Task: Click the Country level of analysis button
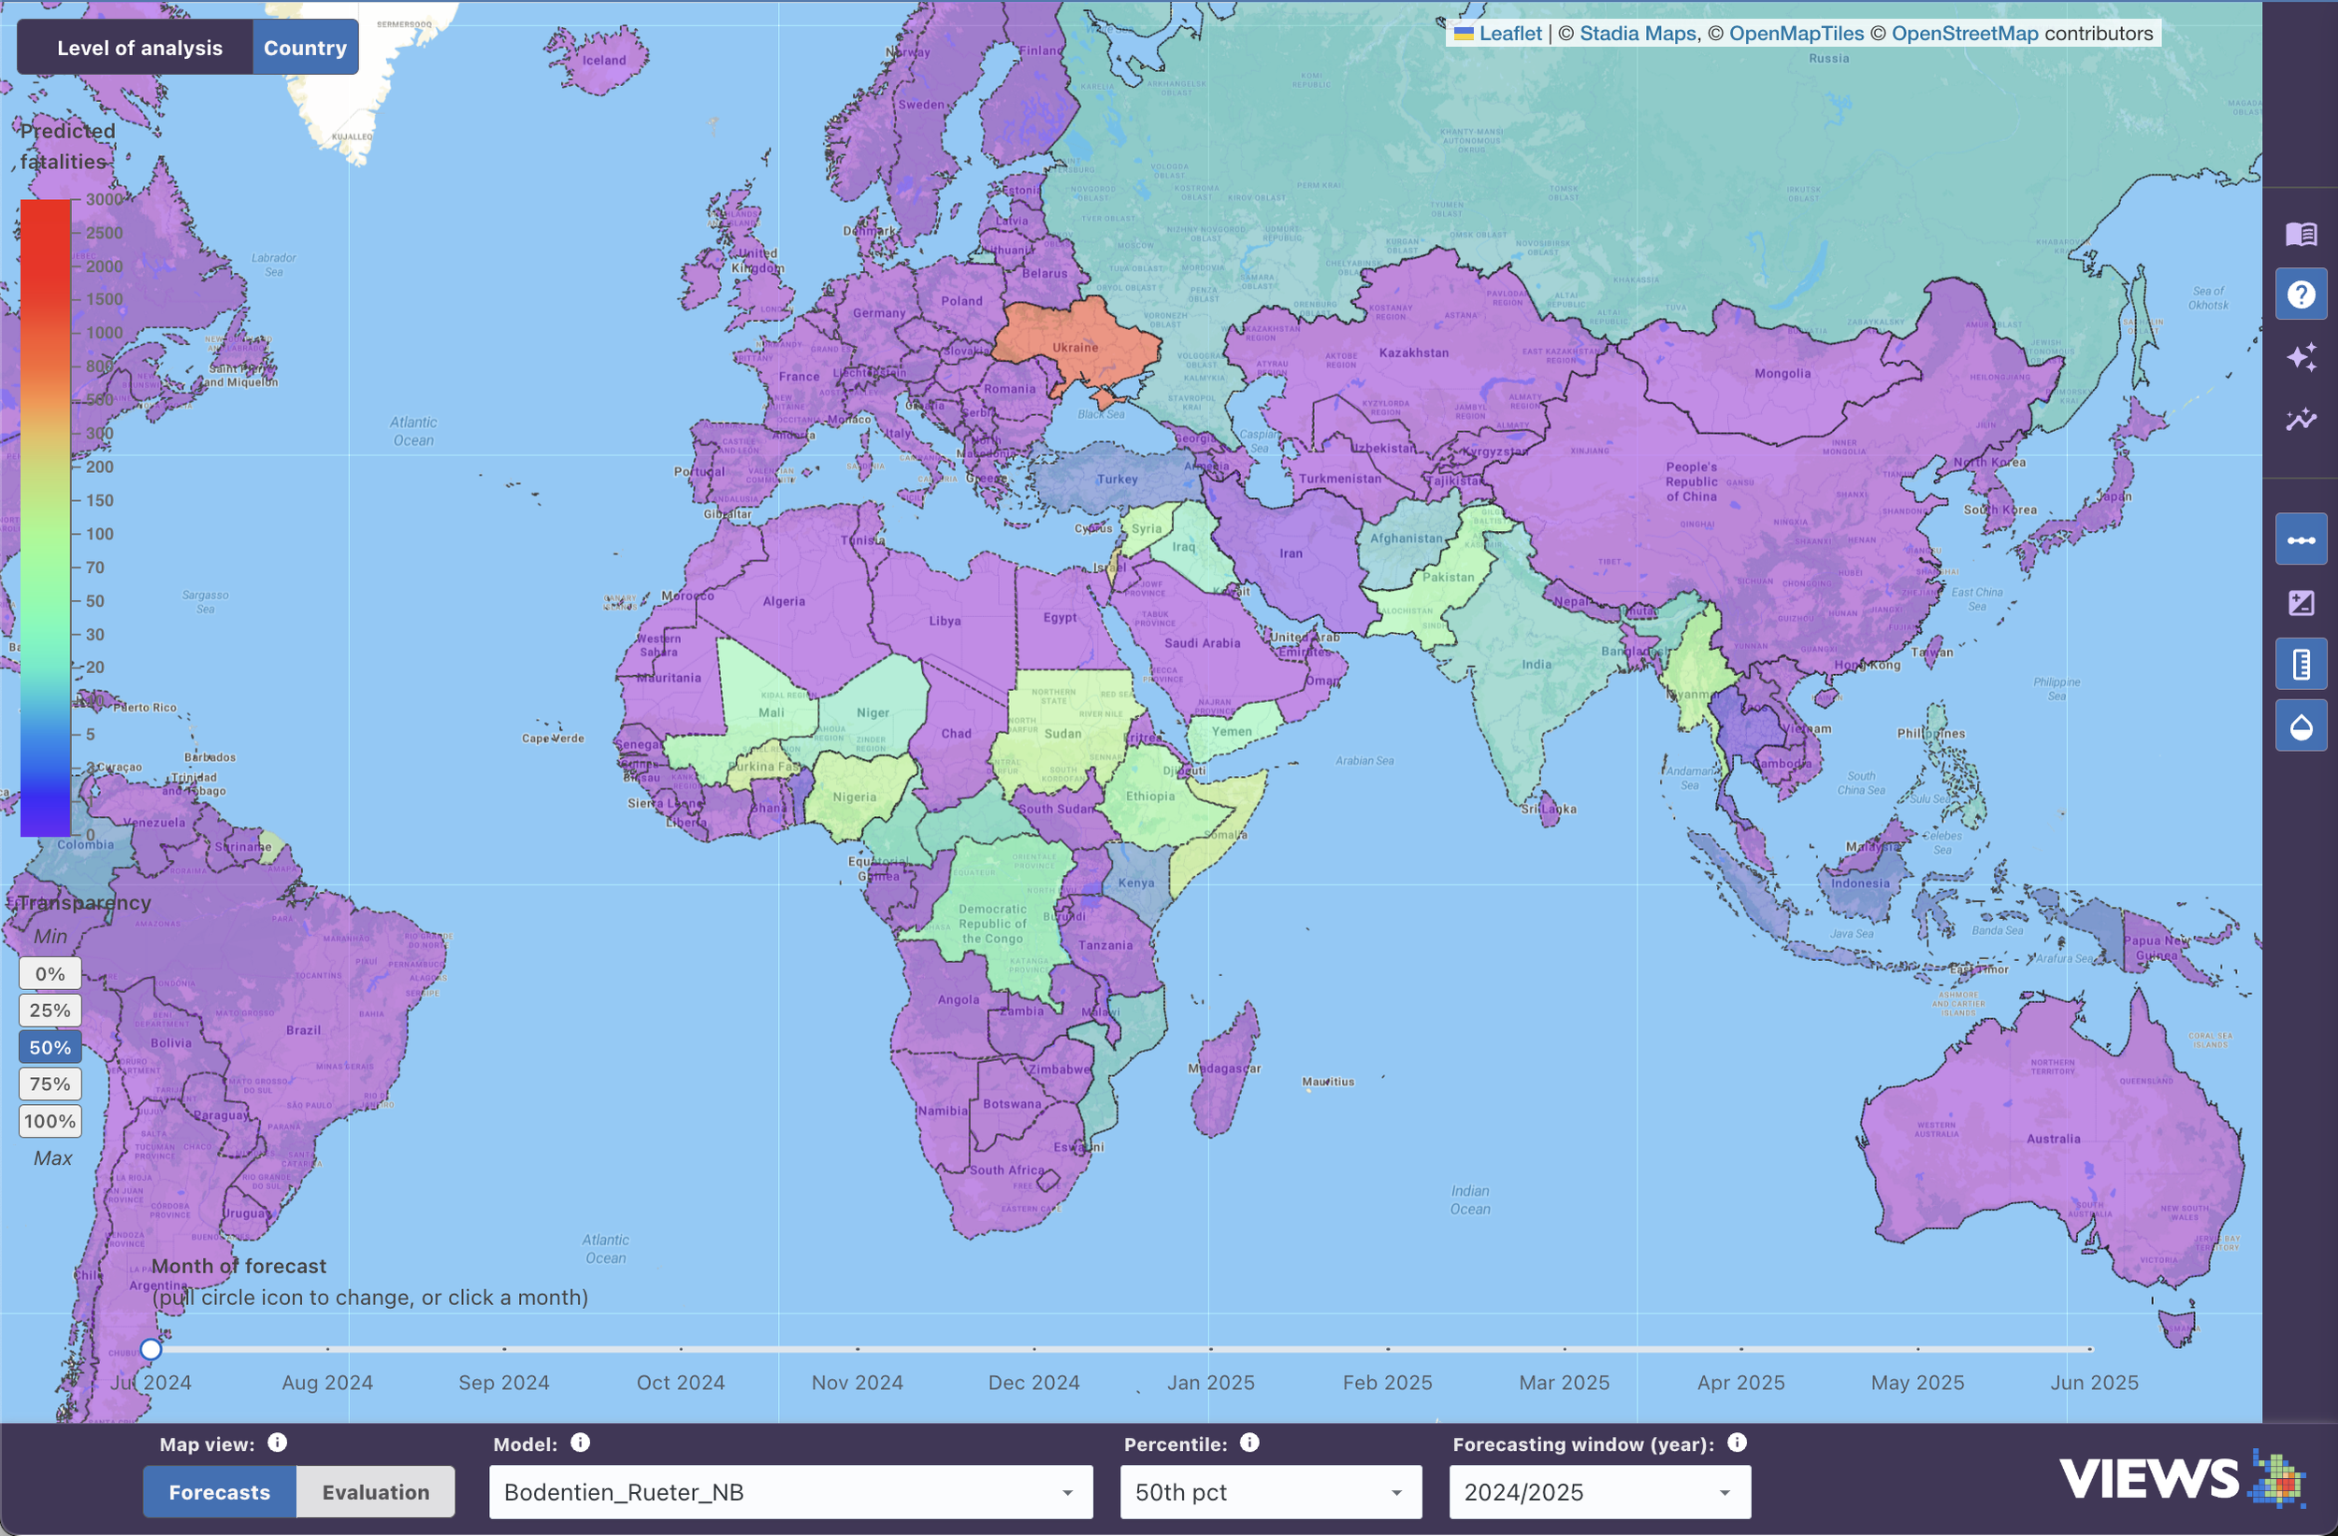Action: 305,47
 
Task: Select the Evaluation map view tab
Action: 375,1492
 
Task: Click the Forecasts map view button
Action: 219,1492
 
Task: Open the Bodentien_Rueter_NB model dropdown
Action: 790,1492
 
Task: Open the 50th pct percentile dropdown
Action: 1269,1492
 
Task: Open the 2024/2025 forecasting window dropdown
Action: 1598,1492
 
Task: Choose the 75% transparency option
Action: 51,1084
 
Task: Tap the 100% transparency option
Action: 51,1121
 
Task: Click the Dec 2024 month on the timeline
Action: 1033,1382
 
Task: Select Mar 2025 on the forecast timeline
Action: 1564,1382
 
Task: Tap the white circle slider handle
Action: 151,1349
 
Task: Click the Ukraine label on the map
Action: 1075,347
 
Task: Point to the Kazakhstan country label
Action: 1413,352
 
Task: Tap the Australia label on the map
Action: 2053,1139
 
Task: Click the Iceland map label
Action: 603,60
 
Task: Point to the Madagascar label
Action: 1224,1068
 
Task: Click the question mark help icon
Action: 2301,294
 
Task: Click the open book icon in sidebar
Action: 2301,234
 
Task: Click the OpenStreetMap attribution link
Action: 1964,34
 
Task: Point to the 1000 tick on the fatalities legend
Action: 103,332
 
